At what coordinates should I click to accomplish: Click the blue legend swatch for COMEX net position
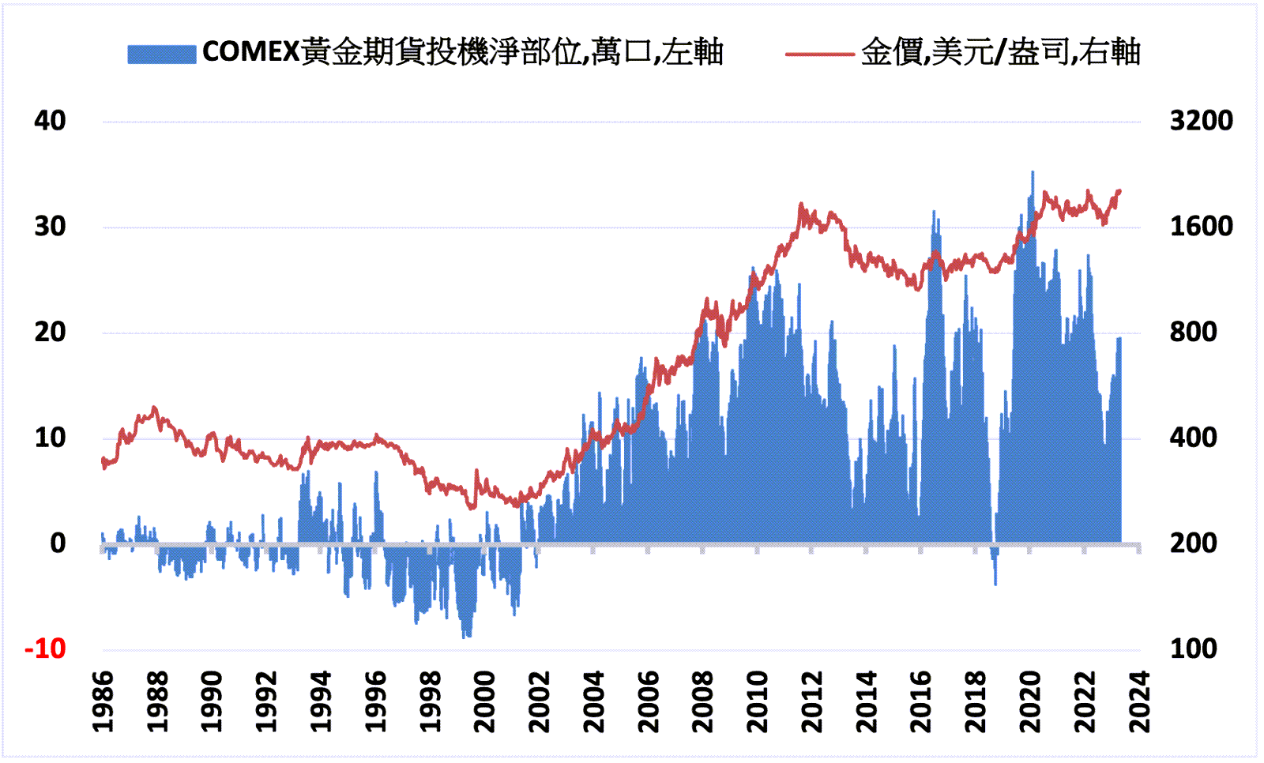(x=161, y=54)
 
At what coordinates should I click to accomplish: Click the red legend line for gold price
(x=818, y=54)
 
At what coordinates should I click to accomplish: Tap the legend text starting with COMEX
(x=462, y=52)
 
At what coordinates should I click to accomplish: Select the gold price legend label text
(x=1000, y=52)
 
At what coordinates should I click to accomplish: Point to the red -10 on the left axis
(x=45, y=649)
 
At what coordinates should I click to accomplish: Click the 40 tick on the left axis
(x=50, y=121)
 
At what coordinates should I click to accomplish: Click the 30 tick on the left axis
(x=50, y=227)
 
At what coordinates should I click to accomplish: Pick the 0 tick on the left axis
(x=58, y=543)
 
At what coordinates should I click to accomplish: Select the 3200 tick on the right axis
(x=1201, y=121)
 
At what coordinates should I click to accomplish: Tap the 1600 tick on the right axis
(x=1201, y=227)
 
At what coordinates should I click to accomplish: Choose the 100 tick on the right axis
(x=1193, y=649)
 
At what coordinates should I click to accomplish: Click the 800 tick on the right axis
(x=1193, y=333)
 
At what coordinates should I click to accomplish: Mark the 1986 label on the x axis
(x=103, y=701)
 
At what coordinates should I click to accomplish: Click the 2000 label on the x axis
(x=484, y=701)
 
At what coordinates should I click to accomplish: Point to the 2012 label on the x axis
(x=811, y=701)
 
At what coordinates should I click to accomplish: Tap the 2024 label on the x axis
(x=1138, y=701)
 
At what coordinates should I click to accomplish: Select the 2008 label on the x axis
(x=702, y=701)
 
